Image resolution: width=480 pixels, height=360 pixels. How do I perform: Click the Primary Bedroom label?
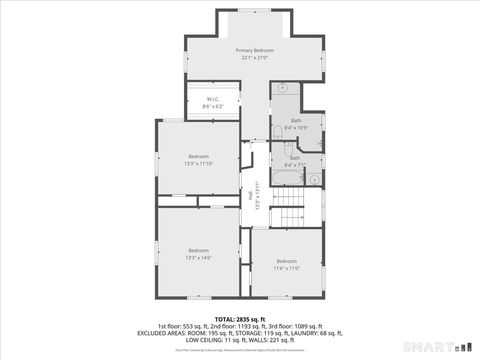tap(255, 50)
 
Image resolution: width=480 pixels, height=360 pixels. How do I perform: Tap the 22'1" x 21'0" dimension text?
tap(255, 58)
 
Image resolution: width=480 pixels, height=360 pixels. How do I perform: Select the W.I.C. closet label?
tap(213, 99)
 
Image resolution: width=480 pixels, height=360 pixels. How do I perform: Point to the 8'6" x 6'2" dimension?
tap(213, 106)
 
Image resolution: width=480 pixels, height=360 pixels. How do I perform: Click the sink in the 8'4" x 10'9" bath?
tap(283, 88)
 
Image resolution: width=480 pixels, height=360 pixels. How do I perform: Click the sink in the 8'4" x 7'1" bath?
tap(314, 179)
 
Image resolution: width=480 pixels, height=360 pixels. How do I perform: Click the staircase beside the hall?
tap(289, 211)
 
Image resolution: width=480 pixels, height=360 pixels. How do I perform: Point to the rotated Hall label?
tap(251, 196)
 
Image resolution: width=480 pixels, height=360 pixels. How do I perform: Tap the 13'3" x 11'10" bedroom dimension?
tap(199, 164)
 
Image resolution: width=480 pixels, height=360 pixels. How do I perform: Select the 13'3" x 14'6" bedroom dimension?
tap(199, 258)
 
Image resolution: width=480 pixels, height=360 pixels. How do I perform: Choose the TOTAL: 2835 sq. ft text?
tap(239, 319)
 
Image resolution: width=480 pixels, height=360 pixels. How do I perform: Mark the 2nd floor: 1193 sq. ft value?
tap(239, 326)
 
